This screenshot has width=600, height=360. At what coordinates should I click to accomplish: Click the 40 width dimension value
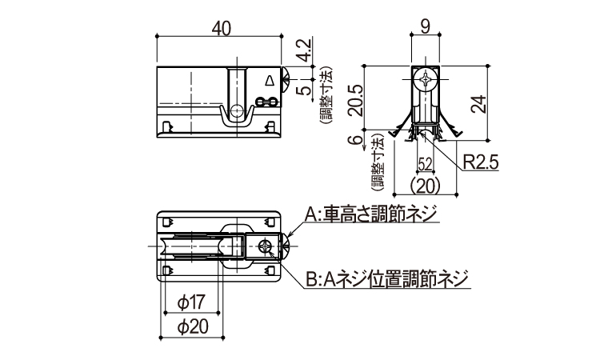click(x=221, y=28)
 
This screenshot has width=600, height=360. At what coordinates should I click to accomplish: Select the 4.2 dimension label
click(x=306, y=50)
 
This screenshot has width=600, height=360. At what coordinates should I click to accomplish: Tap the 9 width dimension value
click(x=425, y=26)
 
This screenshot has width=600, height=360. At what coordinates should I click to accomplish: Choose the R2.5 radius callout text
click(x=481, y=162)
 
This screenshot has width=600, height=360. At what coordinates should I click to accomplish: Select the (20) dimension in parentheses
click(x=425, y=186)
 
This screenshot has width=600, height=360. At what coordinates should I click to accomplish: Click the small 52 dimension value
click(x=425, y=165)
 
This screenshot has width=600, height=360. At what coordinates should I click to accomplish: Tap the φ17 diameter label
click(x=192, y=302)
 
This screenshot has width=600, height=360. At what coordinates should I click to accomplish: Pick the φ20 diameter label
click(x=193, y=326)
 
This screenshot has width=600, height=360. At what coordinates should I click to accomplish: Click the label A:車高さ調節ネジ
click(x=370, y=214)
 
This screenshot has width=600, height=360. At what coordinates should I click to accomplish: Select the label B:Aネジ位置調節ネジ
click(x=387, y=279)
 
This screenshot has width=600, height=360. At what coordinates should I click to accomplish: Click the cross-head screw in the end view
click(x=425, y=79)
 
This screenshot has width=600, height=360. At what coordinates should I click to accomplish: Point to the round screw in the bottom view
click(x=265, y=246)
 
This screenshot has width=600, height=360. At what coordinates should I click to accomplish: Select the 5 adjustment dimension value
click(x=306, y=90)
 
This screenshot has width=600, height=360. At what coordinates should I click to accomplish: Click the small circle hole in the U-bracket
click(x=236, y=110)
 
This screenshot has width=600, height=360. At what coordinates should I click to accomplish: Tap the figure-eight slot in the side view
click(x=266, y=102)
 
